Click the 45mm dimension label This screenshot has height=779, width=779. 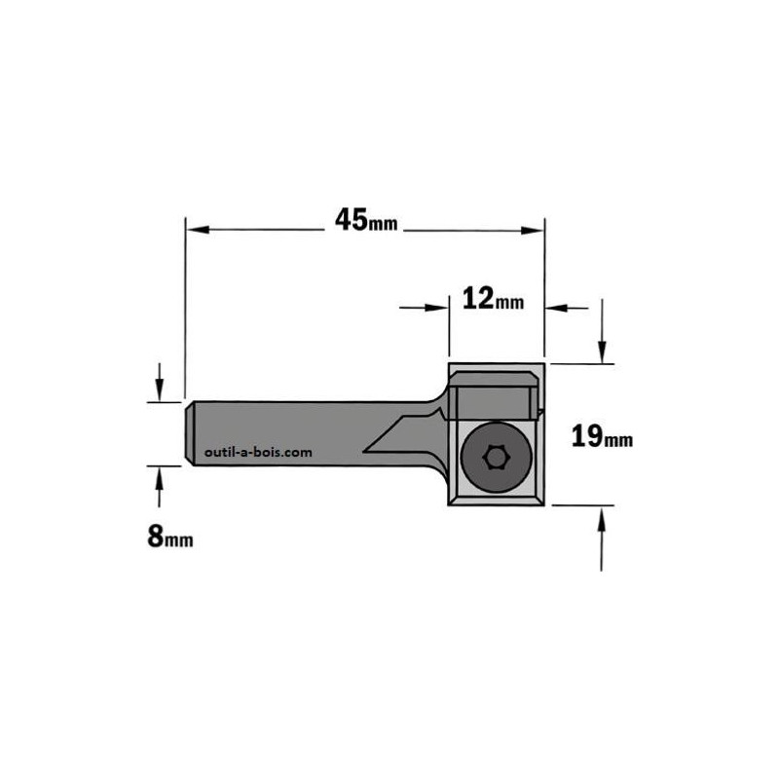pyautogui.click(x=366, y=220)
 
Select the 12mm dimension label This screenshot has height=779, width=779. pyautogui.click(x=493, y=299)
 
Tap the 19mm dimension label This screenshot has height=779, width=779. pyautogui.click(x=602, y=436)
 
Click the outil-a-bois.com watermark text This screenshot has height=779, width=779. pyautogui.click(x=258, y=452)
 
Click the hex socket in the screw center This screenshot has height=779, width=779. pyautogui.click(x=495, y=457)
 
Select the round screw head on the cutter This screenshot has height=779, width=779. pyautogui.click(x=497, y=457)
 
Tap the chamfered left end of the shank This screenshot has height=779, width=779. pyautogui.click(x=189, y=433)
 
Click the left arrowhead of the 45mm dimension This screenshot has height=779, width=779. pyautogui.click(x=198, y=230)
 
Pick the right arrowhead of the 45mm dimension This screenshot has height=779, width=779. pyautogui.click(x=532, y=230)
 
